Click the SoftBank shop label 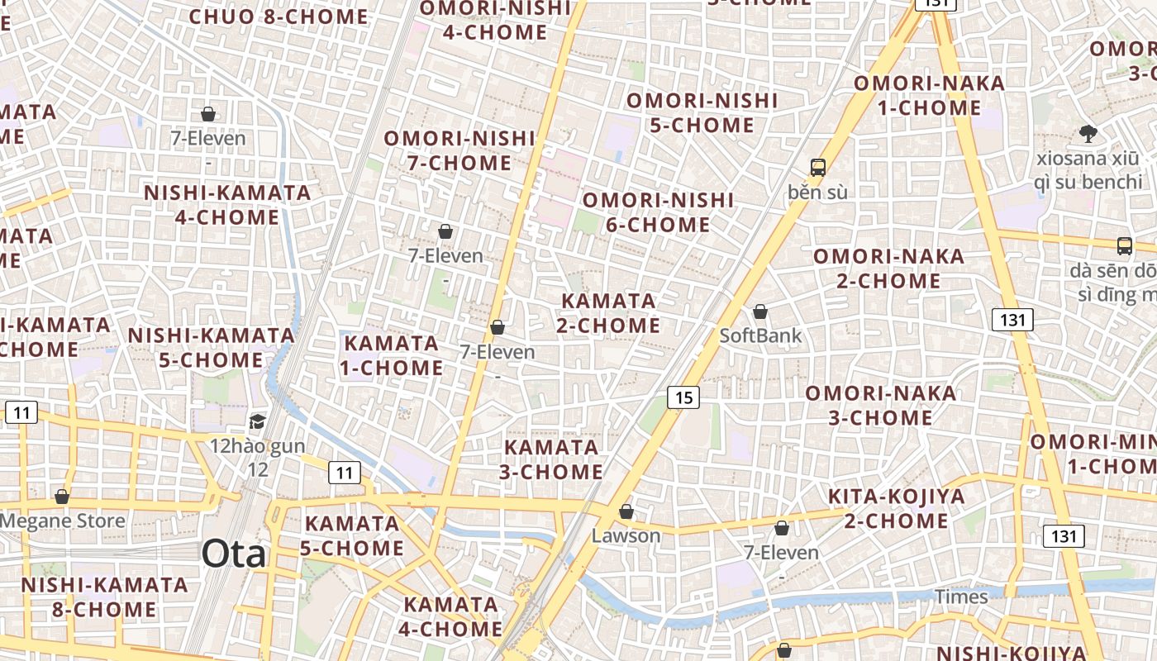click(760, 335)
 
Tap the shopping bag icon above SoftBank click(759, 312)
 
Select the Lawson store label click(626, 535)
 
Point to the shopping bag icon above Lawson click(626, 512)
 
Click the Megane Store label click(63, 521)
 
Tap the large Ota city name click(234, 554)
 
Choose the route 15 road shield click(683, 397)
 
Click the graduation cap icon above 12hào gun click(258, 422)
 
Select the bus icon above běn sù click(817, 168)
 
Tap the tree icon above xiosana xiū click(1088, 133)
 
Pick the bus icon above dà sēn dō click(1124, 245)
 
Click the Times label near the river click(961, 597)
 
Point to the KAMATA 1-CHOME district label click(392, 355)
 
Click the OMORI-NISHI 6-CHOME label click(658, 212)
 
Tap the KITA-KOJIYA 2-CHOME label click(897, 509)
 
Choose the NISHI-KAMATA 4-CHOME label click(227, 205)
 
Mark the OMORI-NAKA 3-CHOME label click(880, 405)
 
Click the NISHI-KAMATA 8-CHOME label click(104, 597)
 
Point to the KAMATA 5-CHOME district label click(354, 535)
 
